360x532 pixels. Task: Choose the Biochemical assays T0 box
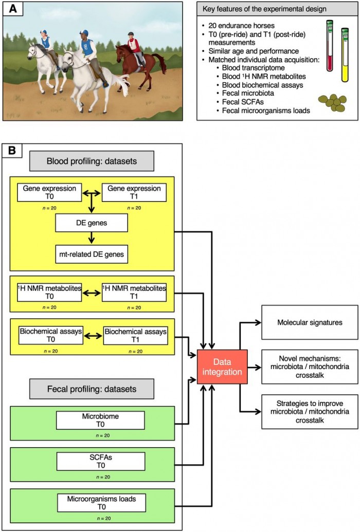pyautogui.click(x=51, y=335)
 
